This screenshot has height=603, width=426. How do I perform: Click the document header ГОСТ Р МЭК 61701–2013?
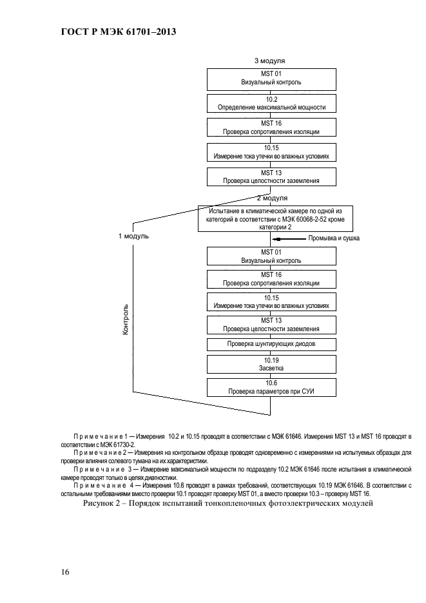tap(119, 32)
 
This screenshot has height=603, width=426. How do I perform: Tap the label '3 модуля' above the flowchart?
tap(270, 61)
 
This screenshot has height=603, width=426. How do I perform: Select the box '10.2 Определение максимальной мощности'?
tap(271, 104)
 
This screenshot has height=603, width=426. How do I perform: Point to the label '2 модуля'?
tap(272, 198)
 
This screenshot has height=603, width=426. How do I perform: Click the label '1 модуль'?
tap(133, 236)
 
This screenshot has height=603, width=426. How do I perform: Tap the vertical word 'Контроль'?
tap(126, 320)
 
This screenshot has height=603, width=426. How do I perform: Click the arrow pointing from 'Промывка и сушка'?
tap(289, 239)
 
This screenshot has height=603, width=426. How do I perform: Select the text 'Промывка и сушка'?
tap(334, 238)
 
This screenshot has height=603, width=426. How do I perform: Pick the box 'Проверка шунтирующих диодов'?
tap(271, 344)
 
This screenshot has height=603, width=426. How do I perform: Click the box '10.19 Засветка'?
tap(271, 364)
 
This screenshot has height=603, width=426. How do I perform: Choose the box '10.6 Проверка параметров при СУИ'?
tap(271, 387)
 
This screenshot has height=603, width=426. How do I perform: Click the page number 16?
tap(66, 572)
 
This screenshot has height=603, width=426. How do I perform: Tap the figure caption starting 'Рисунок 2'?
tap(228, 503)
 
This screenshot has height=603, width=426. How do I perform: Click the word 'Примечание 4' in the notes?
tap(101, 486)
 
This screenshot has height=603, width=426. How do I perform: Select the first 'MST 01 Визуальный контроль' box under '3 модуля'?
tap(271, 80)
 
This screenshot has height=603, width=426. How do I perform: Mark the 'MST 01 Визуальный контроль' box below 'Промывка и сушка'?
tap(271, 256)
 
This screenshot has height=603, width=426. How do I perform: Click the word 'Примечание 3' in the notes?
tap(102, 470)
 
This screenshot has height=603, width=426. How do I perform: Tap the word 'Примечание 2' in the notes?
tap(100, 453)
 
